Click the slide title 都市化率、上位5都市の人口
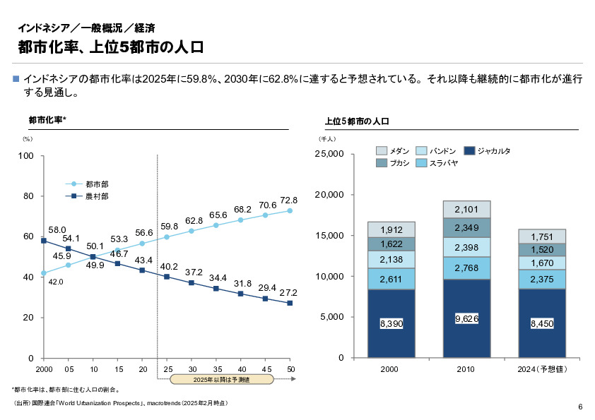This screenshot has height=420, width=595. pyautogui.click(x=111, y=48)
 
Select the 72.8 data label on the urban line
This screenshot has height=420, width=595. pyautogui.click(x=289, y=200)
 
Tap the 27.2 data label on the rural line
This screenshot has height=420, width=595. pyautogui.click(x=289, y=292)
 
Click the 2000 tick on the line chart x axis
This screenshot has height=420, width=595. pyautogui.click(x=44, y=369)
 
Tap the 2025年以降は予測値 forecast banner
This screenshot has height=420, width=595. pyautogui.click(x=221, y=380)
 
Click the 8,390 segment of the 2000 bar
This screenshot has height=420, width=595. pyautogui.click(x=391, y=323)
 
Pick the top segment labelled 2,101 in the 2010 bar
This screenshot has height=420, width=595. pyautogui.click(x=466, y=209)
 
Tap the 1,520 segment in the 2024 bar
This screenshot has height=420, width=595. pyautogui.click(x=542, y=250)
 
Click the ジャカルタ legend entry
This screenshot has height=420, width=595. pyautogui.click(x=493, y=151)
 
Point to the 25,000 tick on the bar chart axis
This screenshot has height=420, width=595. pyautogui.click(x=329, y=154)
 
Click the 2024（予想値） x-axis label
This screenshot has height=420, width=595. pyautogui.click(x=542, y=369)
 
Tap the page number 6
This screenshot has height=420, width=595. pyautogui.click(x=579, y=407)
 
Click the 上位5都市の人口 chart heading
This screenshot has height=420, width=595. pyautogui.click(x=357, y=121)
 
